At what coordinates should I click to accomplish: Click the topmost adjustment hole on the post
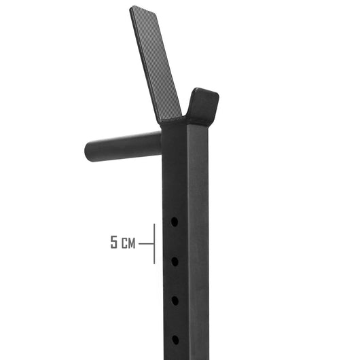pos(175,221)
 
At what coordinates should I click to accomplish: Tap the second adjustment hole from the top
pos(175,261)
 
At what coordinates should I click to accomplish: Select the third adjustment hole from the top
pos(175,300)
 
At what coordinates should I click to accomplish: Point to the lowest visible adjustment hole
pos(175,339)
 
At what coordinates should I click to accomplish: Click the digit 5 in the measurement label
pos(115,242)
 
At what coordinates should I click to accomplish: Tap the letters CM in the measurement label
pos(128,242)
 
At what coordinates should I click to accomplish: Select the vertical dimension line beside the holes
pos(154,243)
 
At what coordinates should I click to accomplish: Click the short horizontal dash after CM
pos(145,243)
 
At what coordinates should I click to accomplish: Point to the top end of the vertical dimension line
pos(154,224)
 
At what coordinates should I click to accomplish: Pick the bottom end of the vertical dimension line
pos(154,263)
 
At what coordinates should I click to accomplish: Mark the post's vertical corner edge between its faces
pos(187,238)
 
